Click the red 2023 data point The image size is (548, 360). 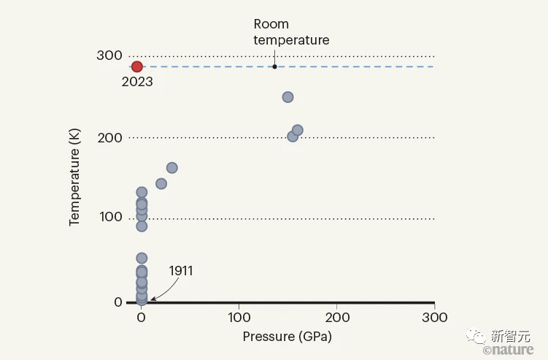(x=137, y=66)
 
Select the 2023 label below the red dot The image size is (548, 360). (x=137, y=82)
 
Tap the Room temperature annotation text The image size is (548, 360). (x=291, y=33)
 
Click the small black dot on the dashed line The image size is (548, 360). (x=274, y=66)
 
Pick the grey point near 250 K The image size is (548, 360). (x=287, y=97)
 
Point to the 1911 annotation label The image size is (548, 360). (x=181, y=271)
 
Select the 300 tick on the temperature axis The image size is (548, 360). (x=109, y=55)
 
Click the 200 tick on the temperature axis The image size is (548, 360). (x=109, y=137)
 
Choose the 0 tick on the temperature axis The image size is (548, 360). (x=116, y=302)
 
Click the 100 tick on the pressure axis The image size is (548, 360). (x=239, y=318)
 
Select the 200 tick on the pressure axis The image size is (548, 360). (x=336, y=318)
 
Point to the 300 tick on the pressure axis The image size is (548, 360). (x=434, y=318)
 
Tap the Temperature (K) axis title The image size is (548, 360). (x=75, y=178)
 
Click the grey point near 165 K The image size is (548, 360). (x=172, y=168)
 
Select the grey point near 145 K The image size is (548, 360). (x=161, y=183)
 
